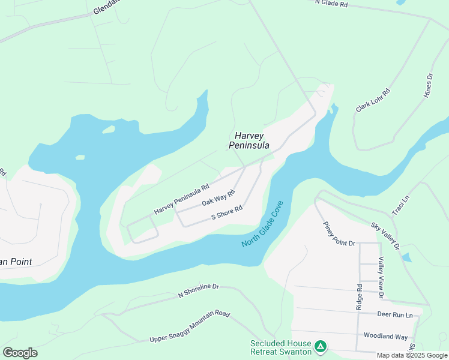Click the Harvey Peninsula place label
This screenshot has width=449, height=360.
click(x=249, y=141)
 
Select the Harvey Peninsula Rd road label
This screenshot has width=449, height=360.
click(x=181, y=199)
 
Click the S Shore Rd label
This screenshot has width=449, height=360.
click(x=226, y=212)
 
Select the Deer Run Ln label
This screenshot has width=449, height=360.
click(x=395, y=314)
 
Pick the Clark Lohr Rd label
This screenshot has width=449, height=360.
click(x=373, y=100)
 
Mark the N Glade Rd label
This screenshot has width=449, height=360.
click(x=331, y=4)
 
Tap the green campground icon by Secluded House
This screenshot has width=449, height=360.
click(x=321, y=346)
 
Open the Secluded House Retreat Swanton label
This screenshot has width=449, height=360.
click(x=281, y=347)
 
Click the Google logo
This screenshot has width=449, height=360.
click(x=20, y=353)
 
